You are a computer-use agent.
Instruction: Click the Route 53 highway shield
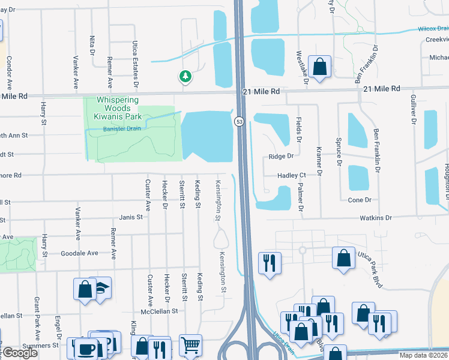239,121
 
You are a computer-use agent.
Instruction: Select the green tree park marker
185,76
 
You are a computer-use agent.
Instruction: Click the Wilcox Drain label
433,28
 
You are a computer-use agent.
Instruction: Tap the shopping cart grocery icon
190,345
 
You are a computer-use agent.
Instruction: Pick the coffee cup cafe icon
80,348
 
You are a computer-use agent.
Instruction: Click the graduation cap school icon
103,287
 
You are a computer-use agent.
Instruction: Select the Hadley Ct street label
292,175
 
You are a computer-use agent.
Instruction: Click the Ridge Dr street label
280,156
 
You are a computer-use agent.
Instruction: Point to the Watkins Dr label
376,218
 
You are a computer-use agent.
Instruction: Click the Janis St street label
130,217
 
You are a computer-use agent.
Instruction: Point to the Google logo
19,353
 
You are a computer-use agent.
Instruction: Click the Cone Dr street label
360,200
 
